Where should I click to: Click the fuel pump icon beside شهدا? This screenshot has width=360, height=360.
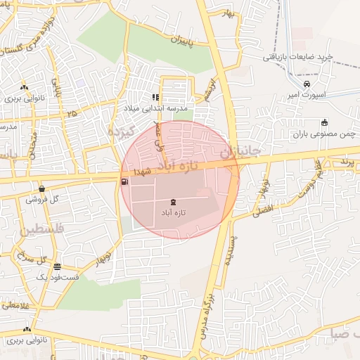125,181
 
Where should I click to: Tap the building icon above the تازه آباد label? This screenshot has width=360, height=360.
174,202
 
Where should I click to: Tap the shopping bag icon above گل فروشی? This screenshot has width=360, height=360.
42,188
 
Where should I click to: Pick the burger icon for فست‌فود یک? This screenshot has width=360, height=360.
57,267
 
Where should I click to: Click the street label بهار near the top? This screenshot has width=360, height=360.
225,14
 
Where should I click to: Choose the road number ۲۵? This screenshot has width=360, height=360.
72,113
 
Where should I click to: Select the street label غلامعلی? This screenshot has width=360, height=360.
14,305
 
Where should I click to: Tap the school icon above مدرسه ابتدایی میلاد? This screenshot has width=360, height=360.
155,98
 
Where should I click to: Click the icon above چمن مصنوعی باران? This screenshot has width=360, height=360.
324,122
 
